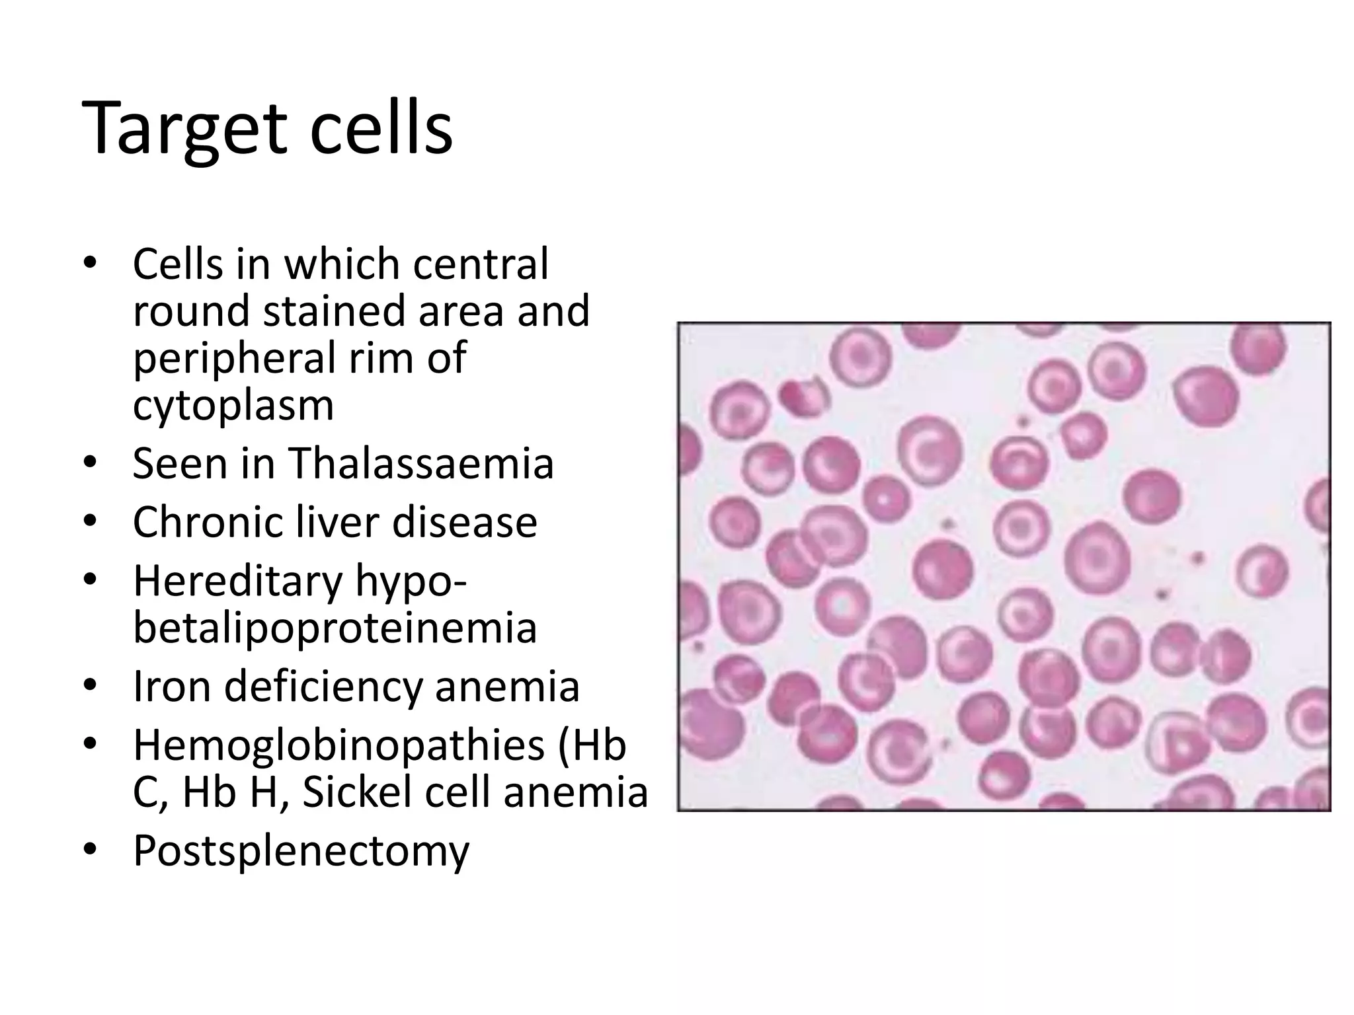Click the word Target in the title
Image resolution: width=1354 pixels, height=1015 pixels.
pyautogui.click(x=184, y=129)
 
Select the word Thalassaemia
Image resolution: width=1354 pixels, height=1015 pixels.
pyautogui.click(x=420, y=463)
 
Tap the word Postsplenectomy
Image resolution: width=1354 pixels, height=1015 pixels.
pyautogui.click(x=301, y=851)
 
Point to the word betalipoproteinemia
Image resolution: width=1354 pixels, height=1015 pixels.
pyautogui.click(x=335, y=627)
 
